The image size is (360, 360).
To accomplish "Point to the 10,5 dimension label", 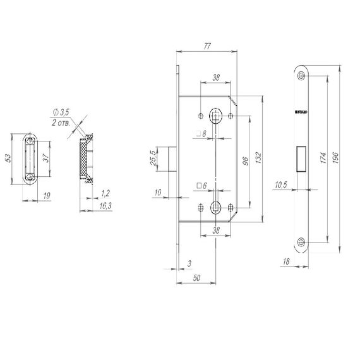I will coord(282,185).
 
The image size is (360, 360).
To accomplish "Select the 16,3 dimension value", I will coord(88,205).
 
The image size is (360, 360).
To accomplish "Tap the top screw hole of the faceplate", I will coord(301,76).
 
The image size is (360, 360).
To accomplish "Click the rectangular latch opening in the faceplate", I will coord(301,158).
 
